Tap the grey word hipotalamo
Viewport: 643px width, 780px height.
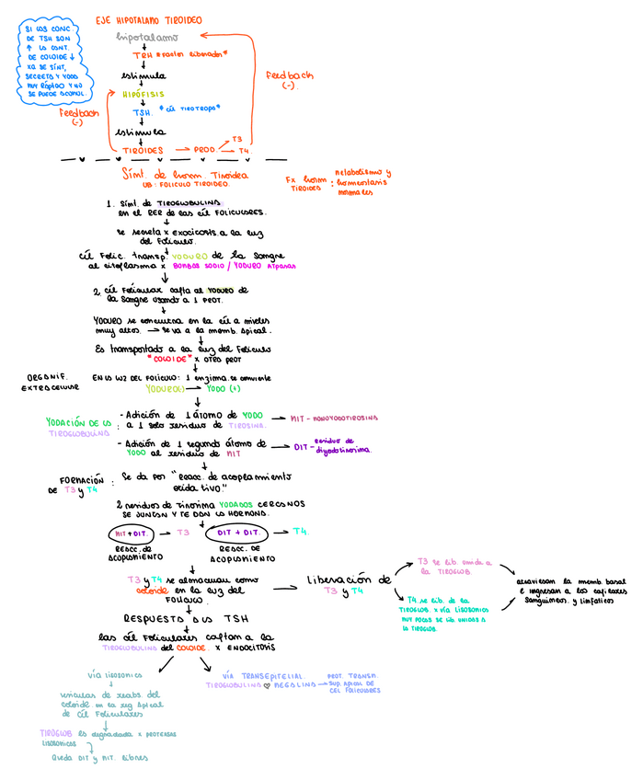pyautogui.click(x=146, y=37)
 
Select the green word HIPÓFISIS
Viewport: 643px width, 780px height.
pyautogui.click(x=145, y=94)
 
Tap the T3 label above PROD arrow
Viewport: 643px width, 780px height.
pyautogui.click(x=236, y=139)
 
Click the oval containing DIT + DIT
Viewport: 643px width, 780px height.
pyautogui.click(x=243, y=532)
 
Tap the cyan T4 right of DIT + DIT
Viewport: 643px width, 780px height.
pyautogui.click(x=301, y=531)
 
